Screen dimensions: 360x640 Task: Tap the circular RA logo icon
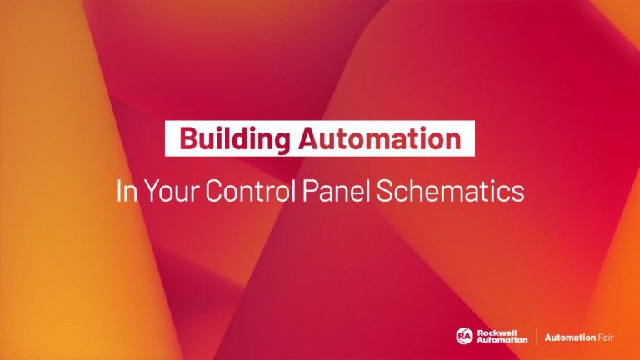[464, 336]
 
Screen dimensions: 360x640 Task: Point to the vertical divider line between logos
[535, 336]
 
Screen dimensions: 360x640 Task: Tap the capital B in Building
[187, 138]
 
